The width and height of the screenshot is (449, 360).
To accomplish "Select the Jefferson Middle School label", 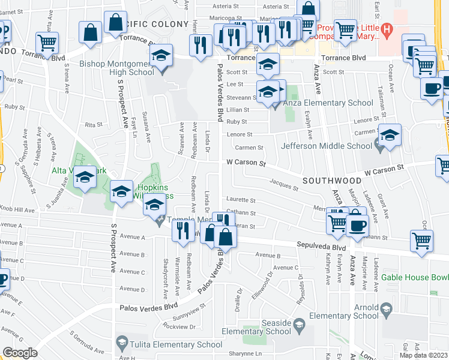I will [x=327, y=146].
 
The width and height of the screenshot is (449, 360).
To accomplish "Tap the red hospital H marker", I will [x=387, y=28].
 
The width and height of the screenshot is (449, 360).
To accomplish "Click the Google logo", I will [x=20, y=353].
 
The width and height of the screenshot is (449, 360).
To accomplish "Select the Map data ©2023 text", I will [x=423, y=355].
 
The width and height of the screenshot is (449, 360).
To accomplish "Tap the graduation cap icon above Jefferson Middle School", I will [x=390, y=135].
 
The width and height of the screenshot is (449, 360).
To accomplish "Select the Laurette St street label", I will [x=241, y=200].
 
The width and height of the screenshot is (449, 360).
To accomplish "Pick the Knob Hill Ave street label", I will [x=17, y=210].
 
